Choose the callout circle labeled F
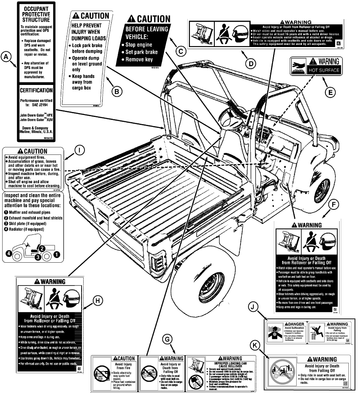tap(331, 205)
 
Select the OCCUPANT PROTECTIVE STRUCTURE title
tap(37, 15)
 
